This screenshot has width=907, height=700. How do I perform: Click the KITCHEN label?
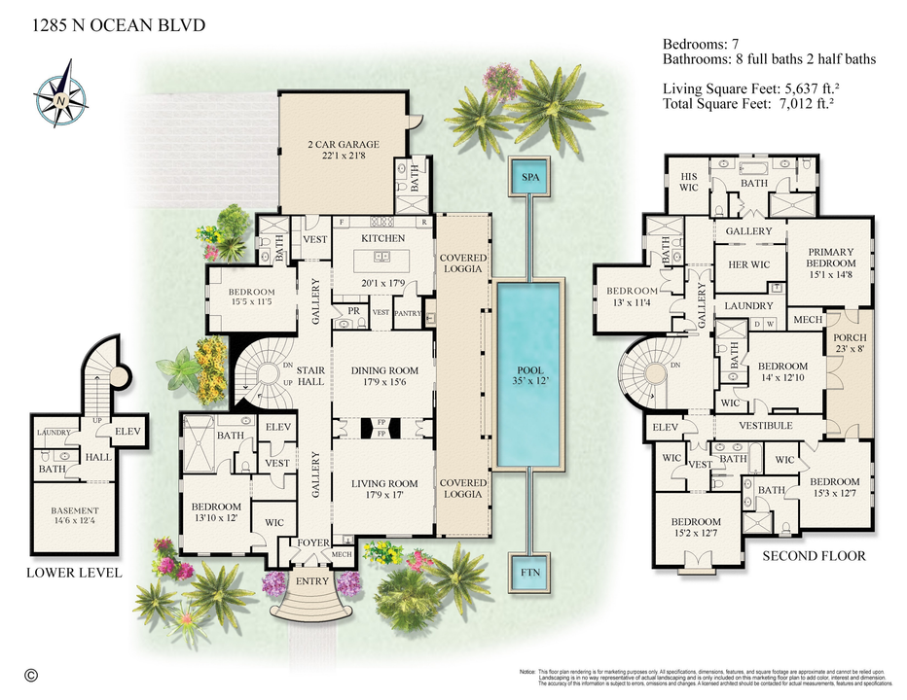click(382, 238)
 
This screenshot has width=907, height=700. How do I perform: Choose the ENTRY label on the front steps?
click(313, 581)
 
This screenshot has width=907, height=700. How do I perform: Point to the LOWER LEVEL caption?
click(74, 573)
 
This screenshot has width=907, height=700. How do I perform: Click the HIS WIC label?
click(691, 182)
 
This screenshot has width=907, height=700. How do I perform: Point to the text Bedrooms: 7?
click(707, 44)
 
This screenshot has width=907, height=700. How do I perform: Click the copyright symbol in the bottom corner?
click(30, 674)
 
